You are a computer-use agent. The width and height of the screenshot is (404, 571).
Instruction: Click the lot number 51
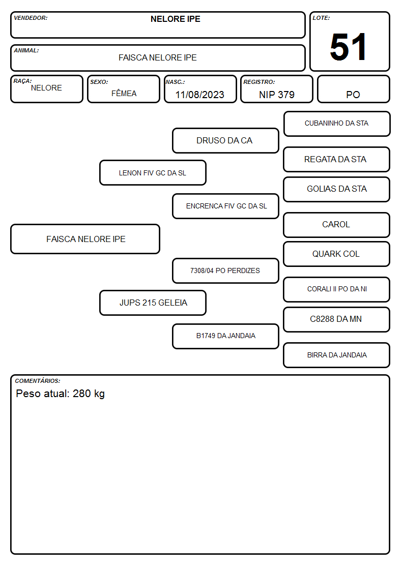[348, 47]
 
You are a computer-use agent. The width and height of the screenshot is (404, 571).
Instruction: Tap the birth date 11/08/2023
[199, 95]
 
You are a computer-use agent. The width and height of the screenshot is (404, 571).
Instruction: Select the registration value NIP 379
[276, 95]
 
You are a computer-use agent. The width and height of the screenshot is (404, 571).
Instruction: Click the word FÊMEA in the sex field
[124, 93]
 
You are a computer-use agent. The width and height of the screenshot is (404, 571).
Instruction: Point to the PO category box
[353, 89]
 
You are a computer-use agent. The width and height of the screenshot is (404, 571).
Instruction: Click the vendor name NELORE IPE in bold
[175, 19]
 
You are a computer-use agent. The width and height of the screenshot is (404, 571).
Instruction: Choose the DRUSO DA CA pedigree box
[225, 140]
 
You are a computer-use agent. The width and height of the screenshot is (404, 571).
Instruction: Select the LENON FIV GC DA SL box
[153, 173]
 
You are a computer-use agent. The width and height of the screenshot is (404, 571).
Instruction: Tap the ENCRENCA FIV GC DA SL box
[225, 206]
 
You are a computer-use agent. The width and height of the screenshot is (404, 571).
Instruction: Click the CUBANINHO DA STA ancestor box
[337, 124]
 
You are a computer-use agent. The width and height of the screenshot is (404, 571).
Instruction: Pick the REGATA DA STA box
[337, 160]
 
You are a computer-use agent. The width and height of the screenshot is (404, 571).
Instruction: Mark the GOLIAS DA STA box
[337, 189]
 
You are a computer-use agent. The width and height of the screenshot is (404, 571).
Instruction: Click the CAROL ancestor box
[337, 225]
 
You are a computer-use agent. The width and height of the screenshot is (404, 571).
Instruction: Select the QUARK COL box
[337, 254]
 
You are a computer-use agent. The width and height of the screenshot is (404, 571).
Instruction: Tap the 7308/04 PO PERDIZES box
[225, 271]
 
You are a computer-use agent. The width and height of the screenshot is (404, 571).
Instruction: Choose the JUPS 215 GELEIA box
[153, 303]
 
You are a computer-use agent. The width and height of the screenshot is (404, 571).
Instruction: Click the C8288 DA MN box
[337, 319]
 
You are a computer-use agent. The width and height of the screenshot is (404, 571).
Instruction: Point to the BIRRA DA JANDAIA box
[337, 355]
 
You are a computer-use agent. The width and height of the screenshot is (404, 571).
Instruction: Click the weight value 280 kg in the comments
[89, 394]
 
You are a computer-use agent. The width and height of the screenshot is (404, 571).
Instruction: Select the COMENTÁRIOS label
[38, 381]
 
